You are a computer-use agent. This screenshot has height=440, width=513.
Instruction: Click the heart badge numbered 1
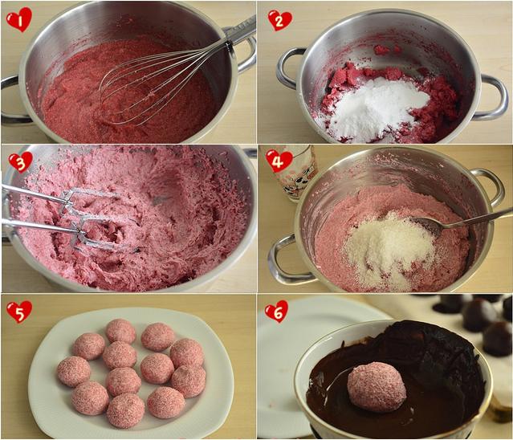coord(19,19)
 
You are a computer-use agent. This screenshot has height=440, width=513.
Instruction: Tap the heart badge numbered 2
coord(279,21)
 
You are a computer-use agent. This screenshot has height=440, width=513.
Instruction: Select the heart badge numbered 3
coord(21,162)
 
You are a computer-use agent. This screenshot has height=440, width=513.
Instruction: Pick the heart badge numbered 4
coord(279,161)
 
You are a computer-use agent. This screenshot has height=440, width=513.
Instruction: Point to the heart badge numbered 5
coord(19,312)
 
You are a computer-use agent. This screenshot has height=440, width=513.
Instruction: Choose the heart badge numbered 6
coord(276,311)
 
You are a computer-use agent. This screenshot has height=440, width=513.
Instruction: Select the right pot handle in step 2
coord(491,97)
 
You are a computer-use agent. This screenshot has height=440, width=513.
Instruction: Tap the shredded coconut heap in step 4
coord(389,249)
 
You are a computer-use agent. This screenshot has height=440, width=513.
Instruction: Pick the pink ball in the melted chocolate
coord(377,387)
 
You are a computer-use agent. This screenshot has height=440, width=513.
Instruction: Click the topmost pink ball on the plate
coord(120,331)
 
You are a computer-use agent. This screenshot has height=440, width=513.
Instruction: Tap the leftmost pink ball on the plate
coord(74,372)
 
